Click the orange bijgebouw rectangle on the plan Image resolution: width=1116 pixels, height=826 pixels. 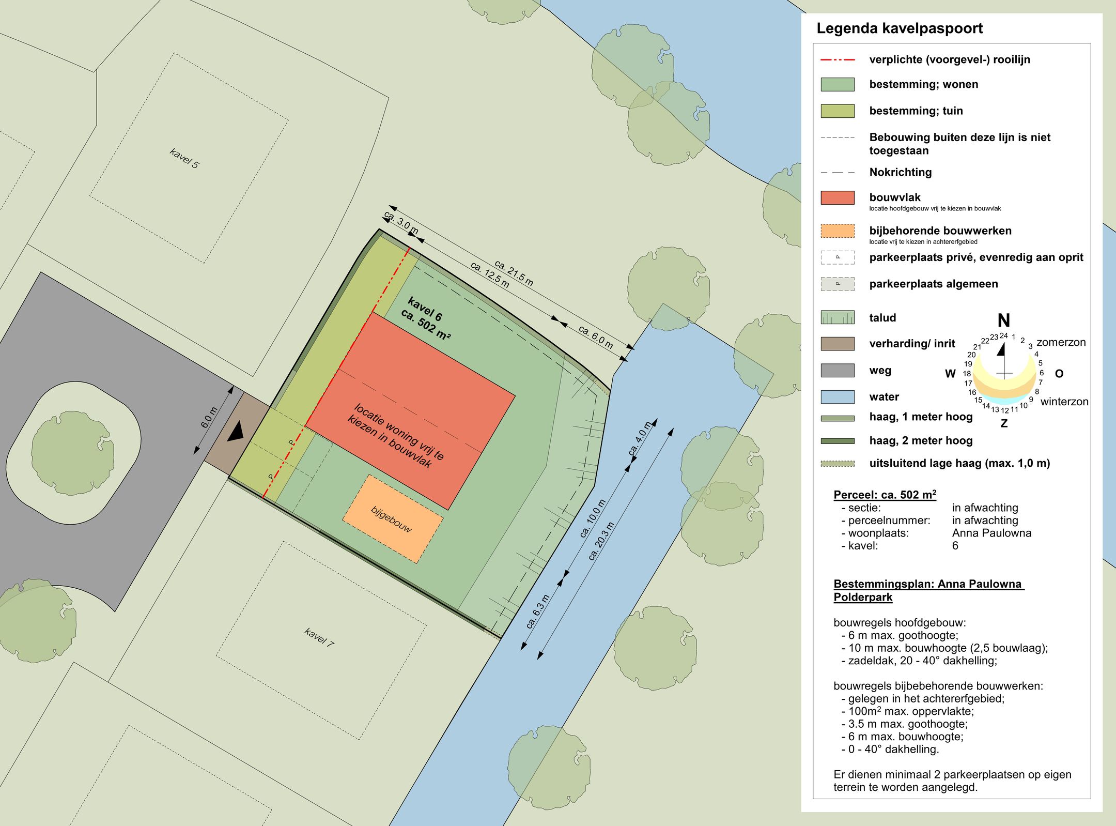click(x=393, y=519)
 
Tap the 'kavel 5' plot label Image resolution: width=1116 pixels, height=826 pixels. click(x=184, y=158)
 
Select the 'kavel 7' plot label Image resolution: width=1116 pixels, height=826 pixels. click(x=319, y=637)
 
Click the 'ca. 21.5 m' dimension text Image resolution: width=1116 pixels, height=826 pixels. click(x=514, y=273)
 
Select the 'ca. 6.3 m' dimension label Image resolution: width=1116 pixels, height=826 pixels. click(x=537, y=611)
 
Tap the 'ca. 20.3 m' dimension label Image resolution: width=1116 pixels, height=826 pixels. click(x=601, y=541)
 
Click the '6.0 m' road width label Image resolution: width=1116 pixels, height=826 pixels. click(x=209, y=418)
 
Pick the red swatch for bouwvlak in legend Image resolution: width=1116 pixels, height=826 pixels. click(x=838, y=197)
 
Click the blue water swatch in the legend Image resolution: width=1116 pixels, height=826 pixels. click(x=838, y=396)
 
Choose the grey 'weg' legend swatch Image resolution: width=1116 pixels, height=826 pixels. click(x=838, y=370)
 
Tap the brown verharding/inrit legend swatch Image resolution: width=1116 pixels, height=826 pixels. click(x=838, y=344)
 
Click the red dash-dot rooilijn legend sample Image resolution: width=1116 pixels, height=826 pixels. click(x=838, y=60)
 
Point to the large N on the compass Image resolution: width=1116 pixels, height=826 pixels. click(x=1004, y=320)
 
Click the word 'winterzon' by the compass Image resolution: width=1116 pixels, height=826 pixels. click(x=1064, y=402)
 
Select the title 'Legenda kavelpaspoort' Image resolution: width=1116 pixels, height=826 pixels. click(x=900, y=28)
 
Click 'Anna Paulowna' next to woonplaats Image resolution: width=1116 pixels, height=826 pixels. click(x=991, y=533)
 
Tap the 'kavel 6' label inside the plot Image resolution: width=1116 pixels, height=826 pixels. click(x=425, y=309)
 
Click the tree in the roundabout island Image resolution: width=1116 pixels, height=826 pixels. click(x=72, y=453)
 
